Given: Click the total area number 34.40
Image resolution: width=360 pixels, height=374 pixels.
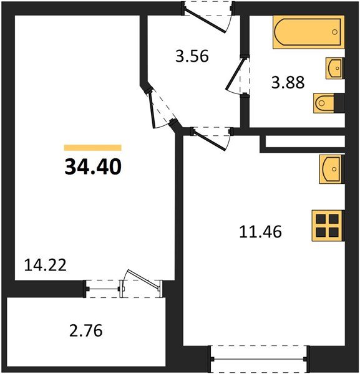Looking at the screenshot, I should click(x=92, y=166).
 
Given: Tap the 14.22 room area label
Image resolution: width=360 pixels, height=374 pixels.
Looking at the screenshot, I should click(x=46, y=264).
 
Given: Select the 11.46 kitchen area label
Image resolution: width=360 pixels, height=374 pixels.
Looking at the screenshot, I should click(x=261, y=233).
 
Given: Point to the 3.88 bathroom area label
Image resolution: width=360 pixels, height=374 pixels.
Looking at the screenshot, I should click(x=288, y=82).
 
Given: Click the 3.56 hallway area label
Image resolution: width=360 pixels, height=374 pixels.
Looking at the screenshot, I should click(x=191, y=57).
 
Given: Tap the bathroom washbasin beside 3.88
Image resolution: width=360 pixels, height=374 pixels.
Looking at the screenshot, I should click(x=335, y=67).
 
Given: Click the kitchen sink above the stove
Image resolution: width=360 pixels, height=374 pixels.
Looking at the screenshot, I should click(x=331, y=168).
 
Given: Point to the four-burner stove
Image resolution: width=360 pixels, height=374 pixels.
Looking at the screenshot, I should click(x=328, y=226).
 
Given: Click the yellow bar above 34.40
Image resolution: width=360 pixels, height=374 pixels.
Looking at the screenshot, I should click(x=92, y=148).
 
